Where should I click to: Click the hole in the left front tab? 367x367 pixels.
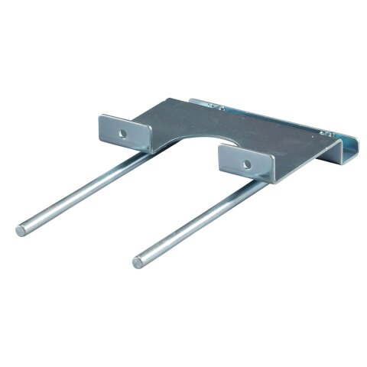point(122,132)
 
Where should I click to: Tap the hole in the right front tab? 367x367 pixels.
point(246,164)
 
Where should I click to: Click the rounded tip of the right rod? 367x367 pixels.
point(138,262)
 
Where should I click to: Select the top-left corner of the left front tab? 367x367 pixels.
point(100,115)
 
